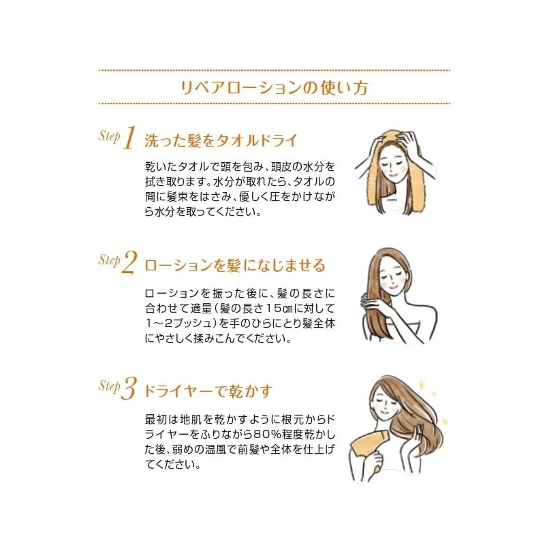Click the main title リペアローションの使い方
(274, 87)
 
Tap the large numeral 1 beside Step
(129, 138)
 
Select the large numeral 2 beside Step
(129, 262)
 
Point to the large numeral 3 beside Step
(129, 388)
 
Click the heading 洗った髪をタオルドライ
(221, 141)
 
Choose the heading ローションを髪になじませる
(235, 266)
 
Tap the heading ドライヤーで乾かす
(208, 391)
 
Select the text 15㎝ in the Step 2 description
(281, 309)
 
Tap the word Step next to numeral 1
(110, 136)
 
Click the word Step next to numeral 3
(110, 386)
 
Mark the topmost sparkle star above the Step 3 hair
(422, 384)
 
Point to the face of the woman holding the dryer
(385, 403)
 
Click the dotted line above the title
(275, 71)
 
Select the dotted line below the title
(275, 104)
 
